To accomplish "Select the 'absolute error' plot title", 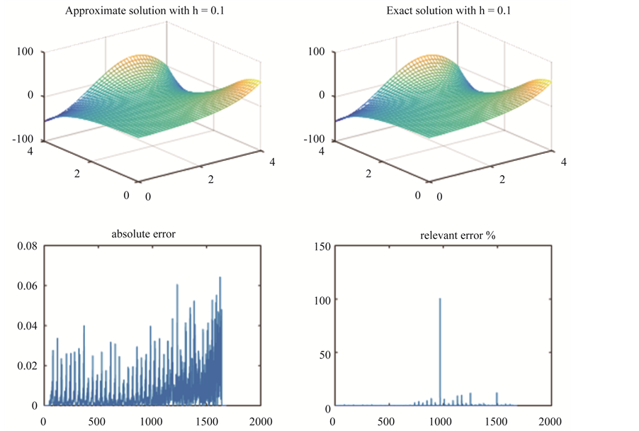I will click(144, 234).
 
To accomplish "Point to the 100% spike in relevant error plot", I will click(440, 299).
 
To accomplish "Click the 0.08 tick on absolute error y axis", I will click(25, 246).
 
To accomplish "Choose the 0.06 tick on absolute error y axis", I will click(25, 286).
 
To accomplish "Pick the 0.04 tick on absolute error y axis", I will click(25, 325).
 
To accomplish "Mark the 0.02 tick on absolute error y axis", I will click(25, 365).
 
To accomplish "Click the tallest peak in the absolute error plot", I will click(220, 277).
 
